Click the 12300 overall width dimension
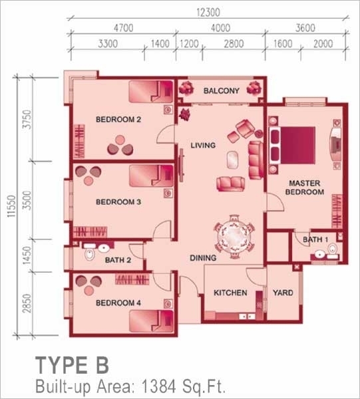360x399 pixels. (208, 13)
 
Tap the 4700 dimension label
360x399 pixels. (124, 28)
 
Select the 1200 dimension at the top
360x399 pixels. (189, 44)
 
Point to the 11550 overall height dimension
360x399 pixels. (11, 206)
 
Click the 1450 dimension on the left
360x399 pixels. (27, 255)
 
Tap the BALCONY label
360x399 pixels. (221, 91)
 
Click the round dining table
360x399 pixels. (234, 237)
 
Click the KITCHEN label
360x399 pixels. (230, 293)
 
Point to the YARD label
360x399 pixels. (283, 293)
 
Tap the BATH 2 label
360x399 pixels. (118, 260)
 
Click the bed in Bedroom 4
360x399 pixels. (151, 321)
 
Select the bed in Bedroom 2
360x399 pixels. (151, 92)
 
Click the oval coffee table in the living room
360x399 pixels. (233, 160)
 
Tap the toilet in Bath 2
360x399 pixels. (89, 254)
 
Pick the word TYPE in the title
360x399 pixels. (61, 365)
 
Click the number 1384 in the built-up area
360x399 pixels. (158, 386)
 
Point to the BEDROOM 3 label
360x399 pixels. (118, 202)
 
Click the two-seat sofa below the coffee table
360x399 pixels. (231, 184)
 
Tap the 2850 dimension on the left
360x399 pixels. (27, 303)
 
